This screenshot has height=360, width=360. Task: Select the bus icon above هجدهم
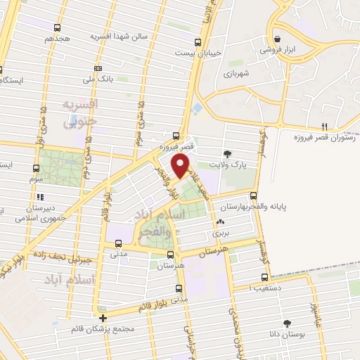click(x=58, y=27)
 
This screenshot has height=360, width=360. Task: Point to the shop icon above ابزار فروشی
click(x=280, y=39)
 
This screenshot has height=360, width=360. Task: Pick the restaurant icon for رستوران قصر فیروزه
click(x=324, y=127)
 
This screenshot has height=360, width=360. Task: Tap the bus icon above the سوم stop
click(x=37, y=168)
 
